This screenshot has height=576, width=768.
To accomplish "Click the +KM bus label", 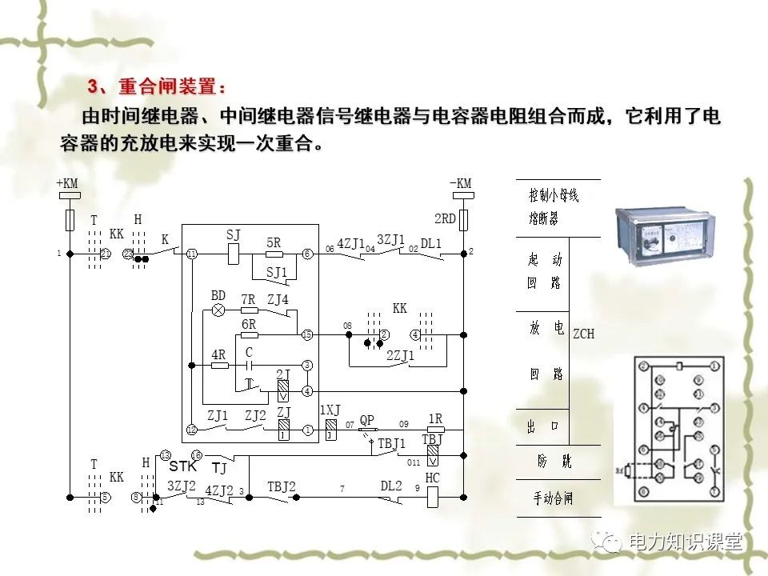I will point(67,183).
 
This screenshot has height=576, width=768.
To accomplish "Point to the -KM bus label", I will point(462,183).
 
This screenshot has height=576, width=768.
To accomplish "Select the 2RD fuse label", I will point(445,218).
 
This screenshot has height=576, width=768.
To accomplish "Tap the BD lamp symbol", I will point(218,310).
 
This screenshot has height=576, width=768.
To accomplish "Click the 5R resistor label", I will point(274,242).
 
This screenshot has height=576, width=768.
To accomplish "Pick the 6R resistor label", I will point(249,324).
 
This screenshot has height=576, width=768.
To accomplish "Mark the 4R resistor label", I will point(218,354).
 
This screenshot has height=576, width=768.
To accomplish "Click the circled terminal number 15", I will point(306,334).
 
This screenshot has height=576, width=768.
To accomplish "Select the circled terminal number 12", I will point(191,430).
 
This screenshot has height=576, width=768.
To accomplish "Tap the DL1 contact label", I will point(432,242).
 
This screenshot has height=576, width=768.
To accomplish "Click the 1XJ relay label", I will point(330,410).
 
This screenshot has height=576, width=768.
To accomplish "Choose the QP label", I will point(367,420).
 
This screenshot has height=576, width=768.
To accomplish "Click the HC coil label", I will point(433,478).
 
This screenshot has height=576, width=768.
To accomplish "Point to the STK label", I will point(186,467).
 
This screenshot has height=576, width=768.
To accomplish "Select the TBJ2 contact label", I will point(281,486).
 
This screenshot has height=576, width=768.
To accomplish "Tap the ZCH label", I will point(583,334).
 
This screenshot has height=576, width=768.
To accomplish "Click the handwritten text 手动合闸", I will point(554,498).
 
